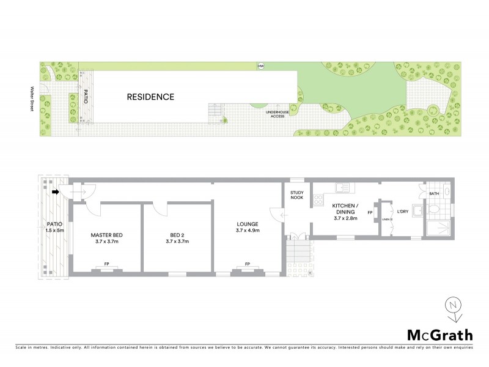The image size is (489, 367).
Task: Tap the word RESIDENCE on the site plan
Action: tap(150, 97)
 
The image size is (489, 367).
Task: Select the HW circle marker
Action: tap(261, 66)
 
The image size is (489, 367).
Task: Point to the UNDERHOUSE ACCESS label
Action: tap(273, 114)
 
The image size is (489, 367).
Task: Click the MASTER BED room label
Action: tap(107, 238)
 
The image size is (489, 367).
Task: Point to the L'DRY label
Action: tap(402, 212)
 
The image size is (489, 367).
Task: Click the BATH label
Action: tap(434, 194)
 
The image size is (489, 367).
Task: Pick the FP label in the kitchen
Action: tap(370, 212)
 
